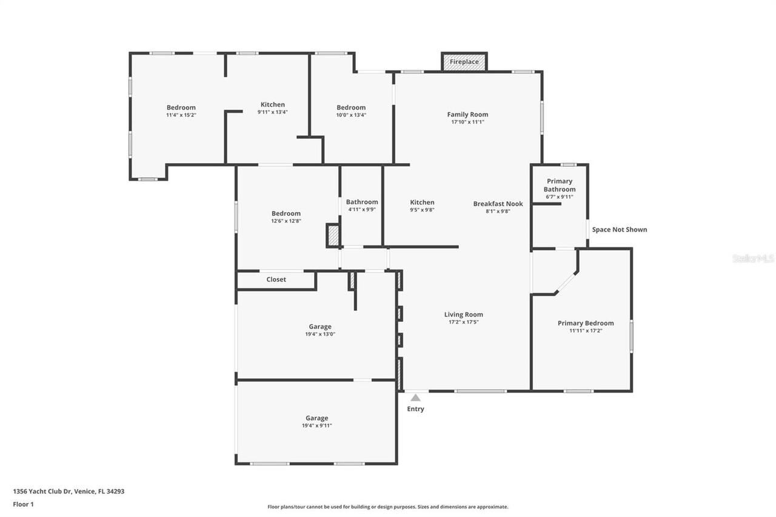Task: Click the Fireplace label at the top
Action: tap(464, 62)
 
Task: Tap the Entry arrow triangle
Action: tap(415, 398)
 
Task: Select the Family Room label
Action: tap(467, 115)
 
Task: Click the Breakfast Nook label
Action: tap(498, 204)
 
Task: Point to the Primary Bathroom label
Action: tap(559, 185)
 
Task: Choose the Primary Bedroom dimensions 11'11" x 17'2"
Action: tap(585, 331)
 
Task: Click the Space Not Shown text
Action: tap(619, 230)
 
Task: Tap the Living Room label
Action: tap(463, 315)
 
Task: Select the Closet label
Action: tap(276, 279)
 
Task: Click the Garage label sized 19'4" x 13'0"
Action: tap(319, 327)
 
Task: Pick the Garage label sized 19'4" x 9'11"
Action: tap(316, 418)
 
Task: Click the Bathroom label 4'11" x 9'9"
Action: tap(362, 202)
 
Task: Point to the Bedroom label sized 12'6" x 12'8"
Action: tap(286, 213)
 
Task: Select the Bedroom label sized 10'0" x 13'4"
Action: tap(351, 107)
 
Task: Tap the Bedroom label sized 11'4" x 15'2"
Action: tap(181, 107)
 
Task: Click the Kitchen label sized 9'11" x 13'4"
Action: tap(272, 104)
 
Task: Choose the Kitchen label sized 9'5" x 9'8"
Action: tap(422, 202)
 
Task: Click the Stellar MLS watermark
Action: tap(753, 258)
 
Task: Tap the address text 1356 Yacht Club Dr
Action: tap(69, 492)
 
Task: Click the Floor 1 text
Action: tap(23, 504)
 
